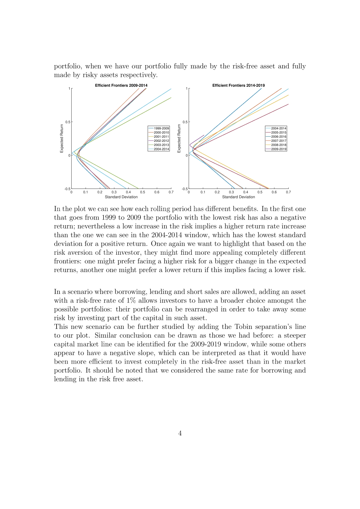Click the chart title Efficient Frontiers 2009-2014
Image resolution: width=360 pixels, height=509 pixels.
121,85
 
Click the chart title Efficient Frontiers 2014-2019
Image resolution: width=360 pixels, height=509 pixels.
238,85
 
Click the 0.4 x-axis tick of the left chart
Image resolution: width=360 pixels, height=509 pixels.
128,192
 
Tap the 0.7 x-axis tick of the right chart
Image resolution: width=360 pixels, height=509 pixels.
288,192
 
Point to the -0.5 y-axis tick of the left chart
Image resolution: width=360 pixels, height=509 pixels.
67,189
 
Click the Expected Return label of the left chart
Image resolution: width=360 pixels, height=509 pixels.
62,138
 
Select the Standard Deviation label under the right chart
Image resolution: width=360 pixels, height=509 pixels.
238,197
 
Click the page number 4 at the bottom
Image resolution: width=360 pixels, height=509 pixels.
180,433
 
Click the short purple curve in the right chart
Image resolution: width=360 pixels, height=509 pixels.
197,139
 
